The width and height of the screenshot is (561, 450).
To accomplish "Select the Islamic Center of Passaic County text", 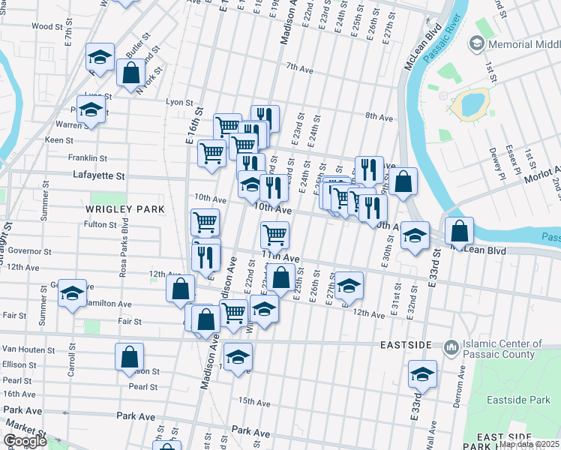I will click(x=502, y=349).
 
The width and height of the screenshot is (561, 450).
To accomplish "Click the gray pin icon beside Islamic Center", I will click(x=451, y=347).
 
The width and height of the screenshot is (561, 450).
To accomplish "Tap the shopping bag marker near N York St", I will click(x=130, y=73).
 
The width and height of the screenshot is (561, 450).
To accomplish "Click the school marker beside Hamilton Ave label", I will click(x=72, y=292).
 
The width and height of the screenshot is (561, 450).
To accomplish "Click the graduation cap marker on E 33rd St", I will click(x=422, y=374).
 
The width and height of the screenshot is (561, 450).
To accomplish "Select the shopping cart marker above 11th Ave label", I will click(x=274, y=235).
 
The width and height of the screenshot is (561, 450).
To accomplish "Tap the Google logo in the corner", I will click(x=25, y=441).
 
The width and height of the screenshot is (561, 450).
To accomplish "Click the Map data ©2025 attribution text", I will click(x=529, y=444).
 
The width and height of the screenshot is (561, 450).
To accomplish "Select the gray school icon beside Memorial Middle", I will click(x=475, y=44).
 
